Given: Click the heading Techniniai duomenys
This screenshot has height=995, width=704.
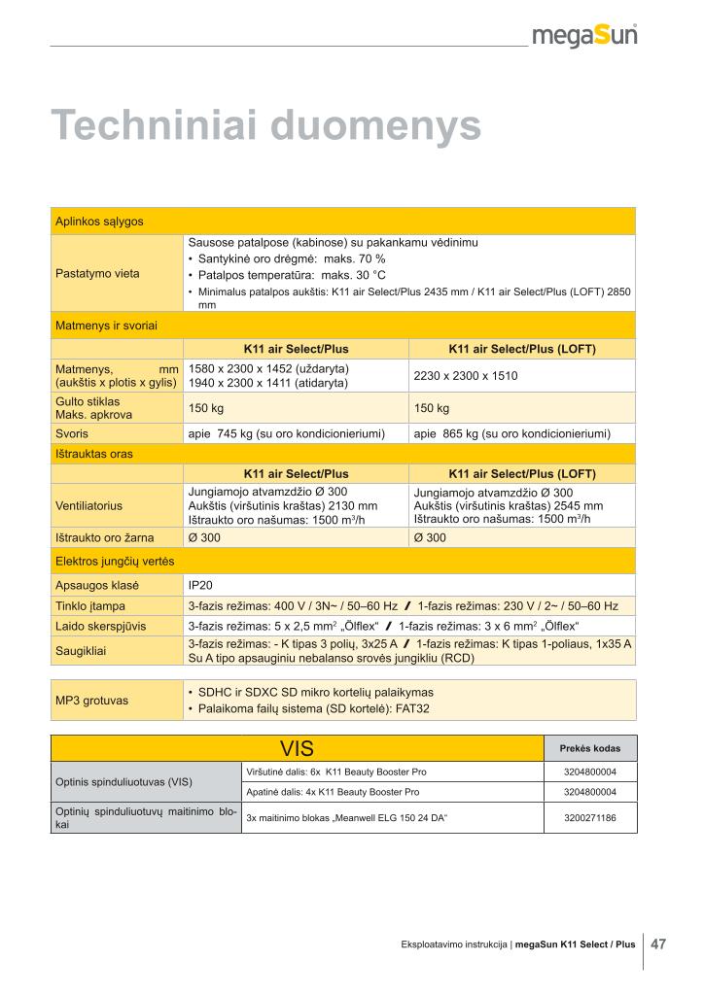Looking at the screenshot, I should pos(265,126).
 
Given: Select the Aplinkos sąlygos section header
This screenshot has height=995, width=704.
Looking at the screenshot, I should pos(99,222).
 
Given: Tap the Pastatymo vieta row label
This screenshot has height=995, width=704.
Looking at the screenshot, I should pos(97,273).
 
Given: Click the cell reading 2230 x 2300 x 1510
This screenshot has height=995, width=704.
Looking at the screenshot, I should pos(466,375).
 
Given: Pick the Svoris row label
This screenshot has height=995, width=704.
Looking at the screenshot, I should pos(71,433).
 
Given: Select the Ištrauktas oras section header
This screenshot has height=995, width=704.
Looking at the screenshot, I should pos(94,454).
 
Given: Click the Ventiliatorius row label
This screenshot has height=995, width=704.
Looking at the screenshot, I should pos(88,505).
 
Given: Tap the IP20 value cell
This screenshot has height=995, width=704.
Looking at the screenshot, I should pos(199,586).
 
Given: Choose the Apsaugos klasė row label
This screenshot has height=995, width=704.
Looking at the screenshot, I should pos(97,586).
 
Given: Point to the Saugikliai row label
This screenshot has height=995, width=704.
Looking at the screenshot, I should pos(82,651).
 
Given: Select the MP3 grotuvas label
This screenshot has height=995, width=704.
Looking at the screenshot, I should pos(93,700).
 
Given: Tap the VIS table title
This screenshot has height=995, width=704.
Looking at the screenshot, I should pos(297,749).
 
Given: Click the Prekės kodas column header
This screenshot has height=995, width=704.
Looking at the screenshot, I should pos(589,749).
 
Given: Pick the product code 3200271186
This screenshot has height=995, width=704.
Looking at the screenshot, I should pos(589,818).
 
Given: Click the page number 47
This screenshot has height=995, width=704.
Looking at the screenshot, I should pos(658,944).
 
